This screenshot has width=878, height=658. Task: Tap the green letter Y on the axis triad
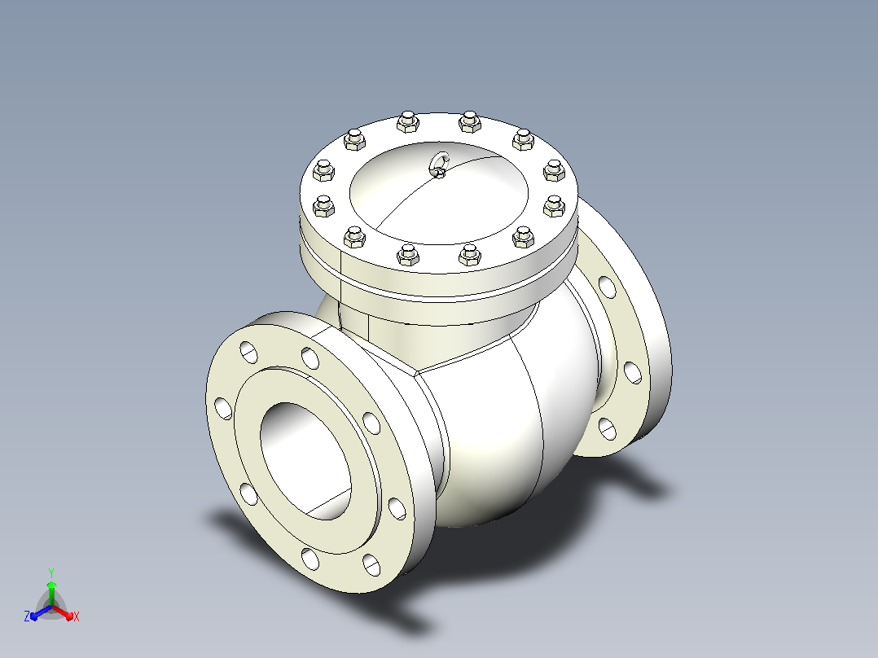point(51,572)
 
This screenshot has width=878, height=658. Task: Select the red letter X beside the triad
point(77,616)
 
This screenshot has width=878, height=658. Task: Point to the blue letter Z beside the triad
point(26,616)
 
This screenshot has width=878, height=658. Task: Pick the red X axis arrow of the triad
point(63,612)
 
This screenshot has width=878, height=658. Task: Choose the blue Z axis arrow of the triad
point(41,612)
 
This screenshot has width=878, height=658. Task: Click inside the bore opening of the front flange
point(305,460)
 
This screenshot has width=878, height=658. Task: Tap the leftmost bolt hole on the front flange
point(223,408)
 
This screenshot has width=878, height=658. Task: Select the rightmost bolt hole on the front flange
point(397,508)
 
